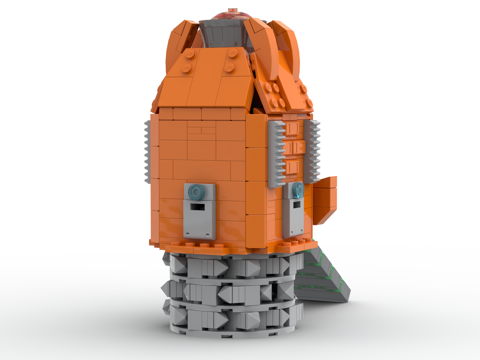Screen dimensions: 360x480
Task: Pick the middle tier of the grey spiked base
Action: (x=230, y=290)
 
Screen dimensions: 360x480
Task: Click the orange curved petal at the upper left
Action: (x=180, y=46)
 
